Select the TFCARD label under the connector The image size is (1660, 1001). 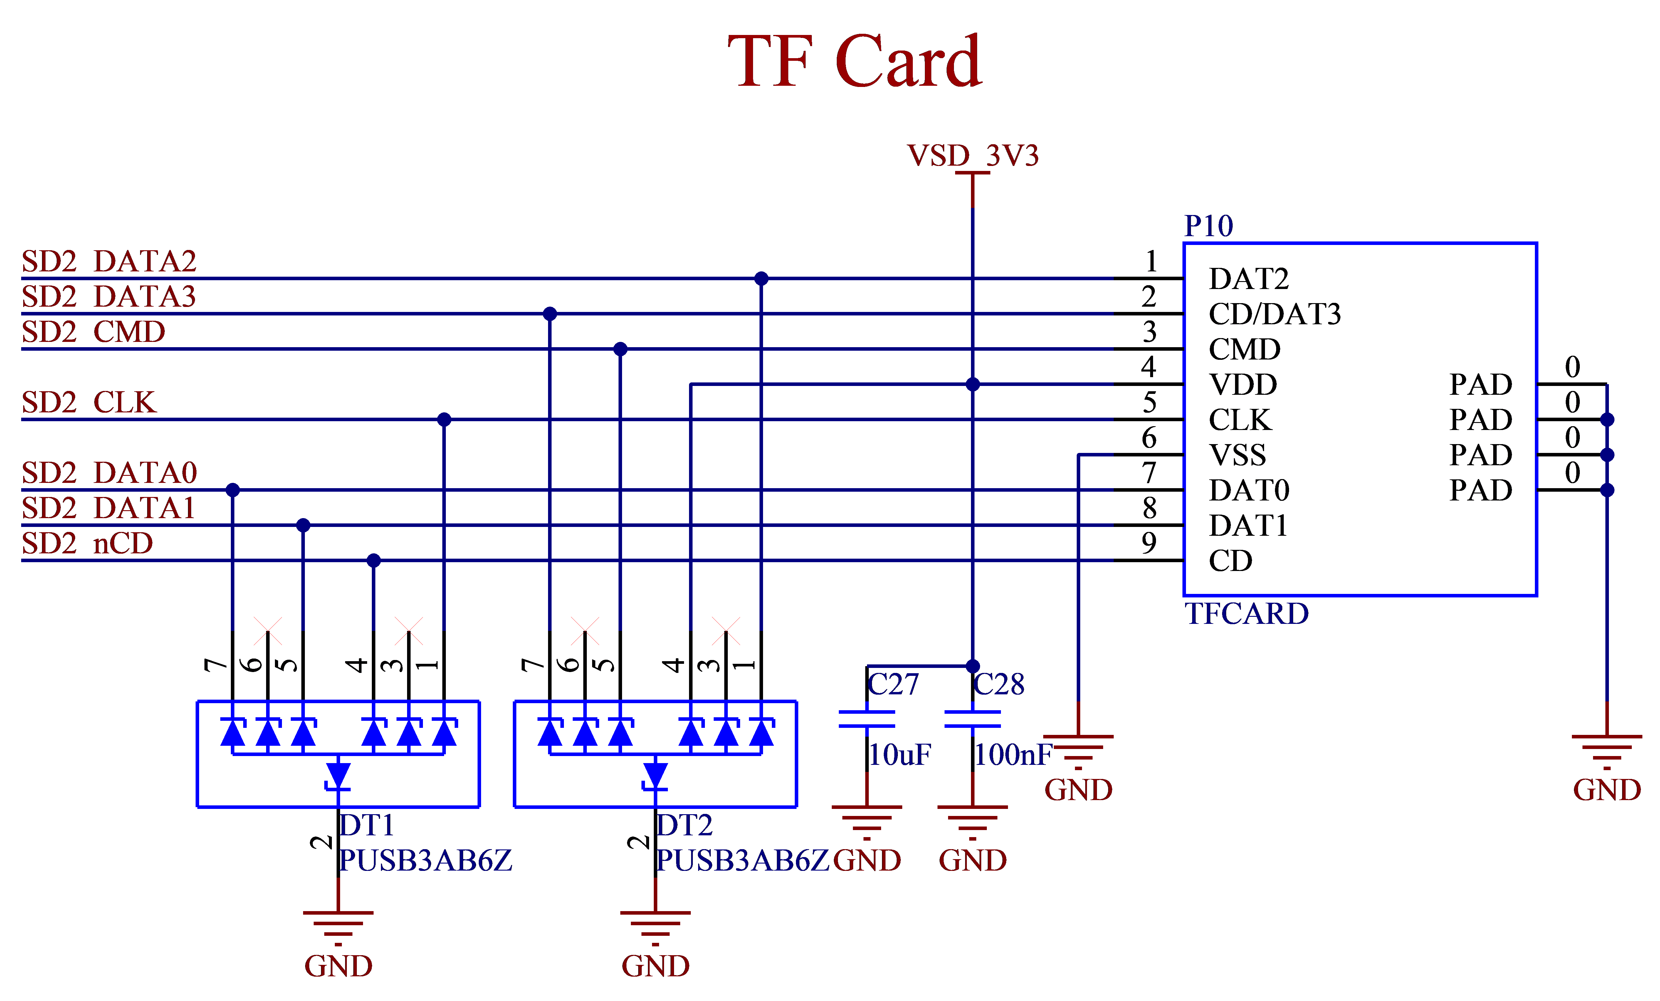1246,614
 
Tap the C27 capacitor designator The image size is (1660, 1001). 893,684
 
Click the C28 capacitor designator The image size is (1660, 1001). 998,684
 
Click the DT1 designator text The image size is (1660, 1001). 367,825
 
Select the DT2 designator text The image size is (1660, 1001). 684,825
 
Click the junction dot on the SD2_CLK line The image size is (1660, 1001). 444,420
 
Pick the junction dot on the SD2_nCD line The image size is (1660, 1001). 374,560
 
